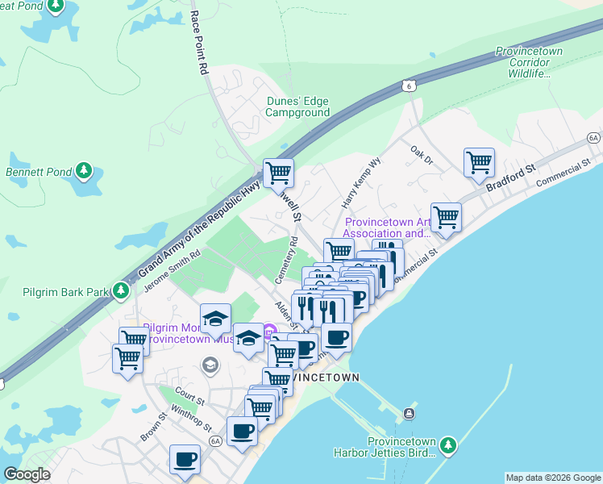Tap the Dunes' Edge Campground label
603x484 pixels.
[298, 106]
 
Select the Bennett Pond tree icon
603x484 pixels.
[84, 171]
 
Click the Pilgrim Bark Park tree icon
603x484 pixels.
[121, 290]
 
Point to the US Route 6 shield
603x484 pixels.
[409, 85]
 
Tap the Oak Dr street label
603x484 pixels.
[422, 155]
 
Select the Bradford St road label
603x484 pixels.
[510, 179]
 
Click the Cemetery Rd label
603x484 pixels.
[285, 259]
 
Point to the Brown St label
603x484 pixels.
[152, 427]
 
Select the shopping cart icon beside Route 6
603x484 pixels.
[278, 172]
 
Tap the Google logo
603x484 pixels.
[27, 474]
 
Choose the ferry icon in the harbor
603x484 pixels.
[410, 414]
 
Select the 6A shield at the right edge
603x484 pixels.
[594, 139]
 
